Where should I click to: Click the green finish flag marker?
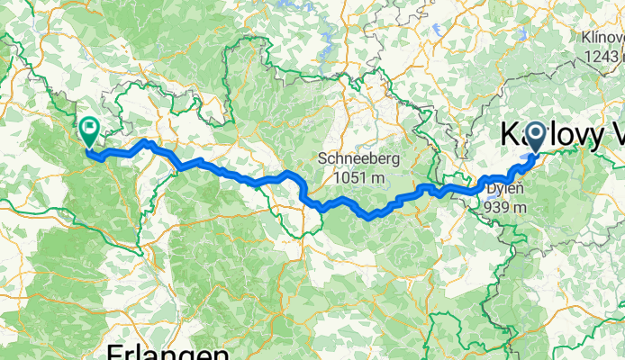point(89,132)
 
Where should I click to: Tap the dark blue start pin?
point(536,138)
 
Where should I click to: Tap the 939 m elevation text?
point(504,207)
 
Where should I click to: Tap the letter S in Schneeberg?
point(322,159)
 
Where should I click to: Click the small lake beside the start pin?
point(521,166)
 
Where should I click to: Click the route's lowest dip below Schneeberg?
point(367,216)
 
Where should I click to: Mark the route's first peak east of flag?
point(146,142)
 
